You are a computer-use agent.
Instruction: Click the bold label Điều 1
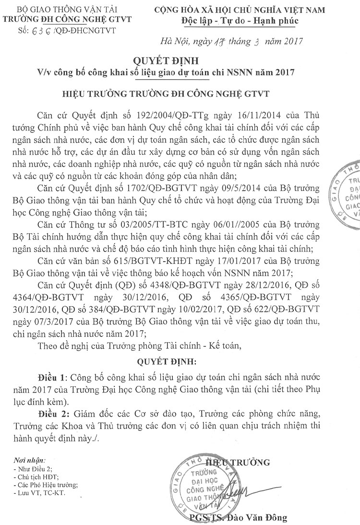click(x=54, y=378)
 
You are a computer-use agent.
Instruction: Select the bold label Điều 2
click(x=54, y=414)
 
